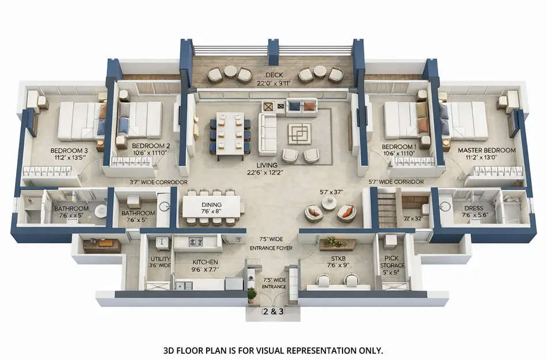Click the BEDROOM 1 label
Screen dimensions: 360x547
[x=398, y=146]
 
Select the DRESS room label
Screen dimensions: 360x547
[x=473, y=208]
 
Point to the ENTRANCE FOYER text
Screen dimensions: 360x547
[x=271, y=248]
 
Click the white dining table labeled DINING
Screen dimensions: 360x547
[x=211, y=206]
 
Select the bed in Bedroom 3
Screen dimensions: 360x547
[x=77, y=121]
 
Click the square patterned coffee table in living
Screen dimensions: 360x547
[x=299, y=134]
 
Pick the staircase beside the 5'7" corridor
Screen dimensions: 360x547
[x=388, y=211]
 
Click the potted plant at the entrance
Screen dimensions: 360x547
[x=252, y=294]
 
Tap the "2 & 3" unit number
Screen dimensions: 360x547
[x=273, y=312]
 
